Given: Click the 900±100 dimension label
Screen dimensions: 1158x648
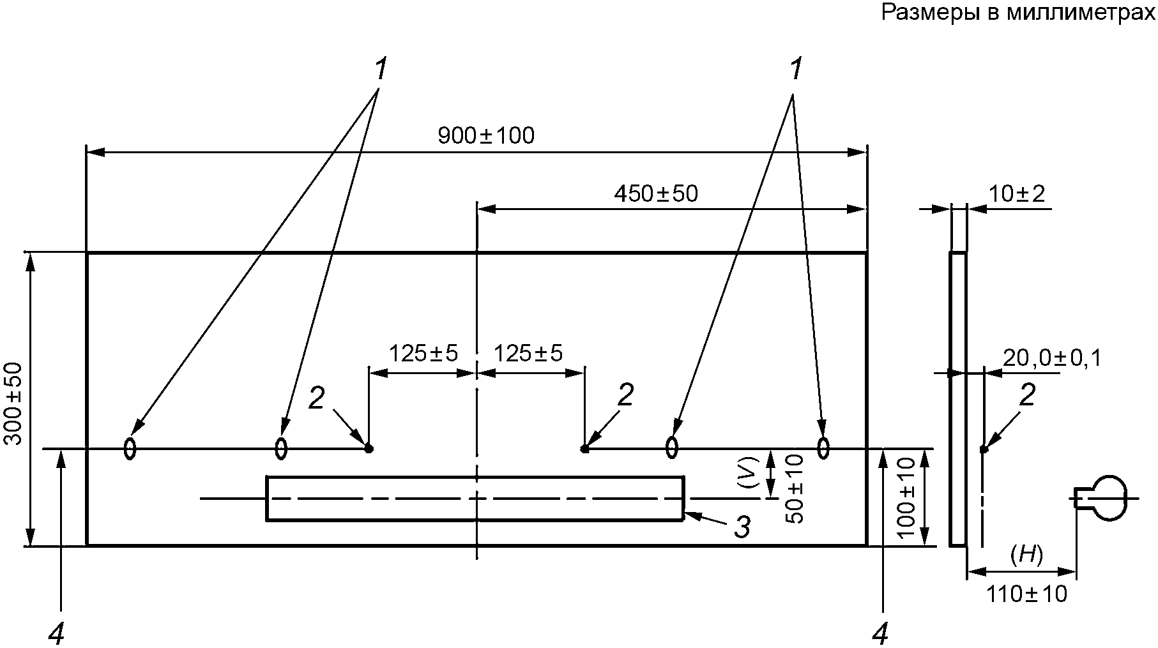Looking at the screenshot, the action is pyautogui.click(x=486, y=135).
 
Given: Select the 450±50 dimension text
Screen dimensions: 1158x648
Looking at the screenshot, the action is pyautogui.click(x=656, y=193).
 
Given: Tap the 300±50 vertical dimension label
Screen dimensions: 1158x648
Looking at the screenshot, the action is pyautogui.click(x=13, y=404).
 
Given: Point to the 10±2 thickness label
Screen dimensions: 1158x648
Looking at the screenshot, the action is pyautogui.click(x=1017, y=193).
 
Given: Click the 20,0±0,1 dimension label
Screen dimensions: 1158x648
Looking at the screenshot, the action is pyautogui.click(x=1052, y=358).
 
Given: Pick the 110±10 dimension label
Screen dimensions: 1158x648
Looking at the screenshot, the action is pyautogui.click(x=1026, y=594).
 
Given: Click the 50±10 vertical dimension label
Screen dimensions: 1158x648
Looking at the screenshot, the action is pyautogui.click(x=795, y=488).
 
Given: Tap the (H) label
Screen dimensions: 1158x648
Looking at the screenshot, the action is pyautogui.click(x=1026, y=556).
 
